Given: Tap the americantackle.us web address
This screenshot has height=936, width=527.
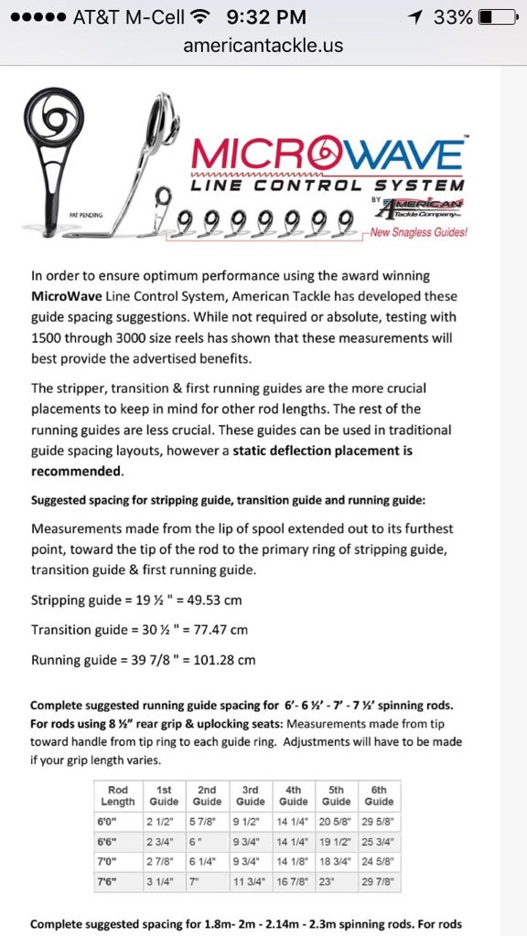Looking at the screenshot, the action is (x=263, y=45).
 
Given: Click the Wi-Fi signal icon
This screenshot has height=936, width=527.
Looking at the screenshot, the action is (x=201, y=17).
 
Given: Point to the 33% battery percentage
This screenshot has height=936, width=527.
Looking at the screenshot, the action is (x=453, y=17).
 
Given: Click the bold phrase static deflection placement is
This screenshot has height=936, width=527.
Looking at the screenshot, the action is (x=322, y=450).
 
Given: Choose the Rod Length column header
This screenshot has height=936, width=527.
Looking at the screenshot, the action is (x=118, y=795).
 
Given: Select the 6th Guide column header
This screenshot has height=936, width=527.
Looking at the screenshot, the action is (x=379, y=795).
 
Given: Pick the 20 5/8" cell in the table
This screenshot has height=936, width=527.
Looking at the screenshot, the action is (x=336, y=821).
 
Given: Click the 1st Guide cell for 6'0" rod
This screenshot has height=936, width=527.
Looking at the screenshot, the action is (x=161, y=821).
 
